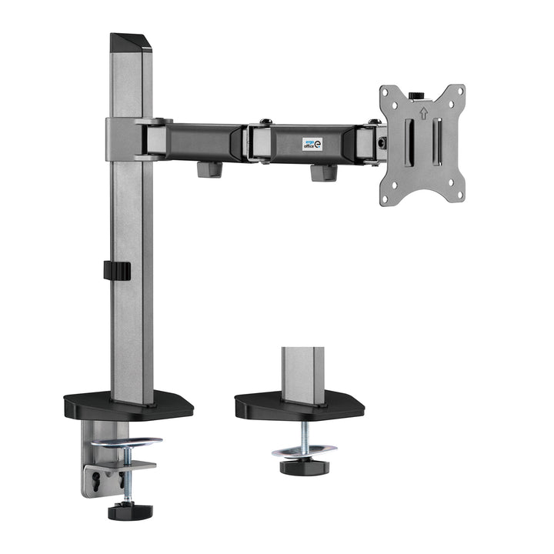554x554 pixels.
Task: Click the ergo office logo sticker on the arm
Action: (312, 144)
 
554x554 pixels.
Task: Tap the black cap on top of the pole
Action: (131, 43)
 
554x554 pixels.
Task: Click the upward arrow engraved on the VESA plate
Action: (422, 113)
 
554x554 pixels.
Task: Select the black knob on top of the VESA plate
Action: (416, 95)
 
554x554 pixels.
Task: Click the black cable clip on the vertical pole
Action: (116, 271)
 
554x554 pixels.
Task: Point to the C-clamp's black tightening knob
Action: (129, 511)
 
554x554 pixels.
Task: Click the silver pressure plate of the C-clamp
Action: (126, 442)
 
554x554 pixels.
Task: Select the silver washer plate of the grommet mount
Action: (304, 449)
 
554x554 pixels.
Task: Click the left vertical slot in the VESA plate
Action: (409, 144)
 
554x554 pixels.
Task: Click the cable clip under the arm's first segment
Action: (209, 169)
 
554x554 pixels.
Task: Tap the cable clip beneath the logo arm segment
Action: (323, 172)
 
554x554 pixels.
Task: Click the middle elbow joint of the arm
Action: (258, 142)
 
